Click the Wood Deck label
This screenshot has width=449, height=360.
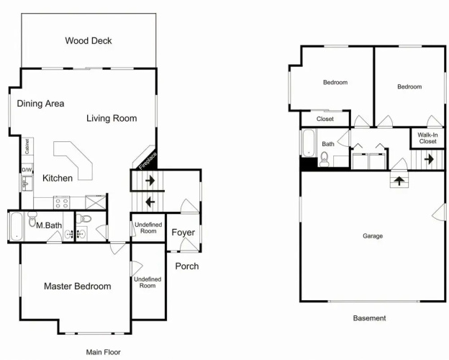click(89, 41)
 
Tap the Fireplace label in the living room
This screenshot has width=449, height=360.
click(148, 161)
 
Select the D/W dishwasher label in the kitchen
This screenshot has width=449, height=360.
click(27, 170)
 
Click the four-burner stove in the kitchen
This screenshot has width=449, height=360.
click(62, 202)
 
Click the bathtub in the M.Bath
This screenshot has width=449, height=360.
click(17, 226)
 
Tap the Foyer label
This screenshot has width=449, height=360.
click(183, 233)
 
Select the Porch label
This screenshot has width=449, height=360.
click(187, 266)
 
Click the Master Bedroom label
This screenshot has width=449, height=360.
click(78, 286)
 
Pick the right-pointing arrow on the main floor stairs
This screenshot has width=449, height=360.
click(150, 181)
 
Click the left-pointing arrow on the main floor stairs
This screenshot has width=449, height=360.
click(150, 202)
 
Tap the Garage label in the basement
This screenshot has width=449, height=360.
click(373, 236)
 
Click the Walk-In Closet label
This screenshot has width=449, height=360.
click(428, 138)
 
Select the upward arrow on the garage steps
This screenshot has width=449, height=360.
click(399, 181)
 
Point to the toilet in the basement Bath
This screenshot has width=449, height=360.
click(325, 159)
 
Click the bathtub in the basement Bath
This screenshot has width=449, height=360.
click(309, 143)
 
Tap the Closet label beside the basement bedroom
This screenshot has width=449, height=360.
click(325, 119)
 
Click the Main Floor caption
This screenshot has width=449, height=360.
click(104, 352)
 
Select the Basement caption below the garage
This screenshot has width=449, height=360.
click(369, 318)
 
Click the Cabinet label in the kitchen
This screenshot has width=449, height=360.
click(27, 146)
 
